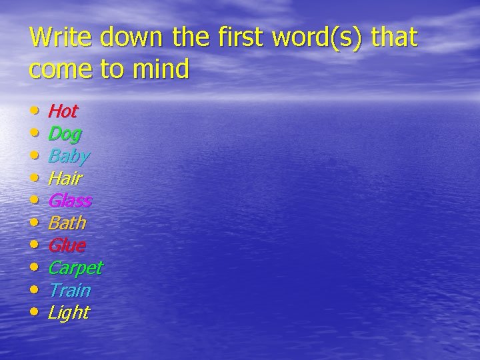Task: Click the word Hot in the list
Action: coord(63,111)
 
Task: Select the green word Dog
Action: coord(65,134)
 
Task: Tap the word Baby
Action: coord(69,157)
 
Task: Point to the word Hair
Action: coord(65,179)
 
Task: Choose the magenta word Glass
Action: coord(69,201)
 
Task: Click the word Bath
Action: coord(67,223)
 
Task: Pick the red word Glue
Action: coord(67,245)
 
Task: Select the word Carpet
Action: coord(75,268)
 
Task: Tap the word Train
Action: coord(69,290)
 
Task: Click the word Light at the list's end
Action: coord(68,313)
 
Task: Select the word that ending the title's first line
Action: coord(394,37)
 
